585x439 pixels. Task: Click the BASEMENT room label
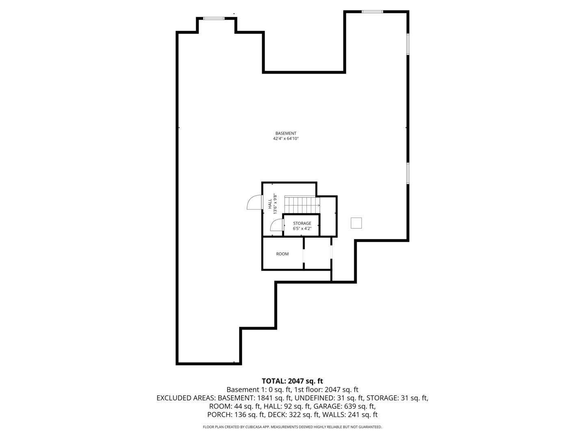pos(286,133)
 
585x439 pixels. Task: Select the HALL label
pos(270,204)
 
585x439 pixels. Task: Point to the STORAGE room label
pos(302,223)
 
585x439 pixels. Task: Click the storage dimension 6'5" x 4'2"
pos(302,228)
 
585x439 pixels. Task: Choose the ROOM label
pos(282,254)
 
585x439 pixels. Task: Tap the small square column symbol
pos(356,223)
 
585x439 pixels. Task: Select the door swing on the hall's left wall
pos(254,202)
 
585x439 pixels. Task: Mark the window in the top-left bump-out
pos(214,18)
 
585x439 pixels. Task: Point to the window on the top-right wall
pos(372,11)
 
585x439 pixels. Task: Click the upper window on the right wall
pos(408,44)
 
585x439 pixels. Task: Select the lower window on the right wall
pos(408,173)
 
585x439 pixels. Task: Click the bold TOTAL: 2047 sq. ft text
pos(292,381)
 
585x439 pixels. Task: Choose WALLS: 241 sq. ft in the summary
pos(350,415)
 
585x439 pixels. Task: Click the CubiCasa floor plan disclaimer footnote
pos(292,427)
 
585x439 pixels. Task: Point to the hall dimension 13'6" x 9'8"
pos(275,204)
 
